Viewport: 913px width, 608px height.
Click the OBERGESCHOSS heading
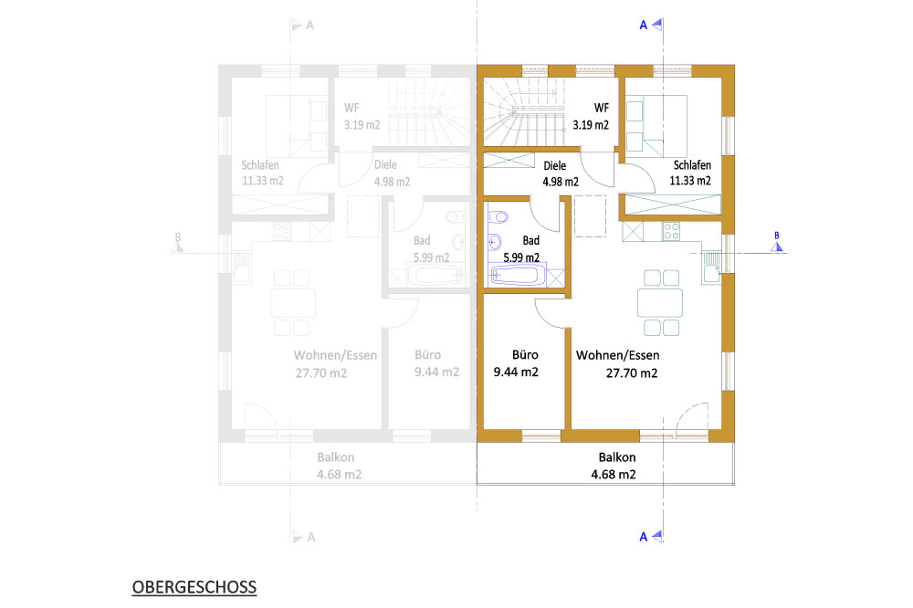[x=194, y=587]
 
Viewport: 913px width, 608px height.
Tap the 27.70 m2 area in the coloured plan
[x=632, y=373]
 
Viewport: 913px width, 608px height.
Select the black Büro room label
[x=525, y=354]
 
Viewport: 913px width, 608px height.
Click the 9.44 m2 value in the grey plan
[x=436, y=372]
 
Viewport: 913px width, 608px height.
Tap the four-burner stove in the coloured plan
[x=671, y=231]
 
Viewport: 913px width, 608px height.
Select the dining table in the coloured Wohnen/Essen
[x=660, y=303]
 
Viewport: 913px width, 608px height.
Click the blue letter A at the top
[x=644, y=25]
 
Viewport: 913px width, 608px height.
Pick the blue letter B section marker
[x=777, y=236]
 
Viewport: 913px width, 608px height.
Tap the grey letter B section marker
[x=178, y=237]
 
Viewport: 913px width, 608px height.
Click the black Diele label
[x=555, y=166]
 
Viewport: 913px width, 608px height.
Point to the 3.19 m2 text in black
[x=591, y=125]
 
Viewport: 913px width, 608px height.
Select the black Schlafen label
[x=692, y=165]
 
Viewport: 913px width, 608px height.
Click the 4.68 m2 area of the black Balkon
[x=614, y=475]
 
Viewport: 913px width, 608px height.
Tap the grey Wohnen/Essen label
[x=335, y=355]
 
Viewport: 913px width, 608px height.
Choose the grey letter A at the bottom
[x=311, y=537]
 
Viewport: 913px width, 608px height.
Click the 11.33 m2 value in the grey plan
[x=263, y=181]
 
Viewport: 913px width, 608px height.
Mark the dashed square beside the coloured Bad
[x=591, y=216]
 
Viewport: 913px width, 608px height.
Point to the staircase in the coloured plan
[x=525, y=111]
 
